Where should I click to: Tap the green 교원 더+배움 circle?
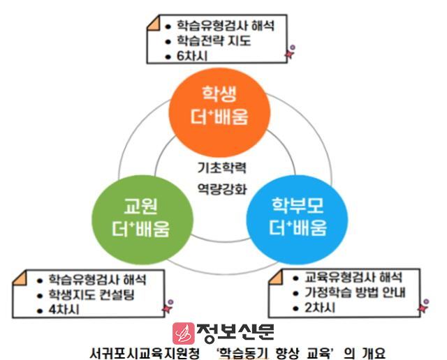point(142,219)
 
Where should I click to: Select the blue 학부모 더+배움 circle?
point(297,219)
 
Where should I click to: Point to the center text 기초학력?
point(222,167)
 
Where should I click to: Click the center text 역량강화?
point(222,189)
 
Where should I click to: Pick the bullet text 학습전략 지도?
point(214,40)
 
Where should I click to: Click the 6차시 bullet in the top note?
point(192,56)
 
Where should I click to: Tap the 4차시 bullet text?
point(64,310)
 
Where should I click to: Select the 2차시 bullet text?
point(320,308)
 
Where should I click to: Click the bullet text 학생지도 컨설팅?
point(91,294)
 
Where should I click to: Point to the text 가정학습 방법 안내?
point(355,292)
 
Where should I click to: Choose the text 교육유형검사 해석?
point(353,278)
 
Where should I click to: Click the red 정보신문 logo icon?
point(184,333)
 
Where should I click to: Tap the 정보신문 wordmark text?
point(235,332)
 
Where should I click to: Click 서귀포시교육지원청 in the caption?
point(145,353)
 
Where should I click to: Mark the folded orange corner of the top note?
point(154,23)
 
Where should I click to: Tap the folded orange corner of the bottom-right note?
point(275,278)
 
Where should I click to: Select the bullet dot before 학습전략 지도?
point(168,42)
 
